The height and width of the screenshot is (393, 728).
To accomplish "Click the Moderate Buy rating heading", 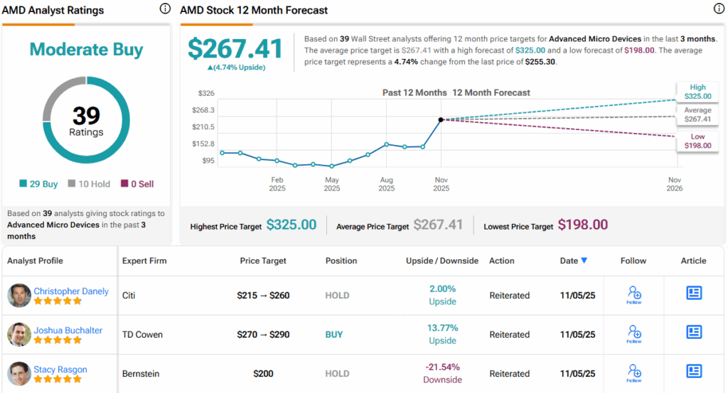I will tap(86, 50).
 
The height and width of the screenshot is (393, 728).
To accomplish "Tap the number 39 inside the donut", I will tap(86, 116).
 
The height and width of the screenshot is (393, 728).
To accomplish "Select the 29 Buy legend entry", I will tap(38, 184).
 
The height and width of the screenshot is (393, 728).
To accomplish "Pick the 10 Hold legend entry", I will tap(89, 184).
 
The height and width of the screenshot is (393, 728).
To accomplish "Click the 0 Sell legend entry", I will tap(136, 184).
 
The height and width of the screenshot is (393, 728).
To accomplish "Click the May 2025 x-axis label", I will tap(332, 184).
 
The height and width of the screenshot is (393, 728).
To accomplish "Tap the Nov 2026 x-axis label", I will tap(674, 184).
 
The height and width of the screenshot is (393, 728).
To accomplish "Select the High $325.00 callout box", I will tap(697, 92).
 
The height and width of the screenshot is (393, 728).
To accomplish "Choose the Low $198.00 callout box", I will tap(697, 141).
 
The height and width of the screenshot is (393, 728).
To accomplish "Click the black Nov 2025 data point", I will tap(441, 119).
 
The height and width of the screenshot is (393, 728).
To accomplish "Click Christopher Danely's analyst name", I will tap(71, 291).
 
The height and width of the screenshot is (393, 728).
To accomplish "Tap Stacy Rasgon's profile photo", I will tap(19, 374).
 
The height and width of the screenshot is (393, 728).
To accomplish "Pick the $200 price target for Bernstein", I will tap(264, 374).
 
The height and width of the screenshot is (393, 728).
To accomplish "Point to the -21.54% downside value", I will tap(442, 367).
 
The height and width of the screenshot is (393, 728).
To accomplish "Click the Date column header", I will tap(573, 261).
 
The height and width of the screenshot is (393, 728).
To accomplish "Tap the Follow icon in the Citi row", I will tap(634, 294).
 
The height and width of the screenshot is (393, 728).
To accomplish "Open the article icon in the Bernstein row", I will tap(694, 372).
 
